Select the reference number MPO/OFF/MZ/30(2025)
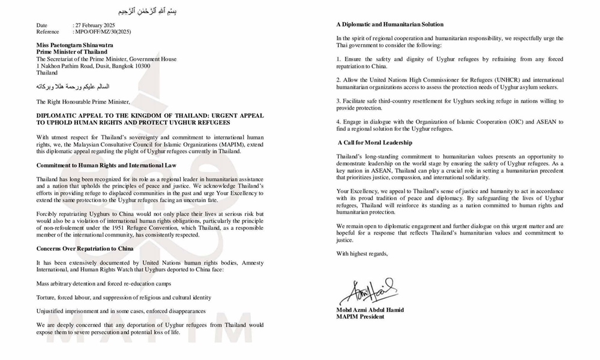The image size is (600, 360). point(103,32)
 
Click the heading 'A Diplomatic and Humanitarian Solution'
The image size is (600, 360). point(389,25)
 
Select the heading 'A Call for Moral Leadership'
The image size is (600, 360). point(375,142)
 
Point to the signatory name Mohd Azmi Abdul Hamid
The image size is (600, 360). point(369,310)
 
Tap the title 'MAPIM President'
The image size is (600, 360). point(360,317)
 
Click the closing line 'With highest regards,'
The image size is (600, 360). point(362,254)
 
